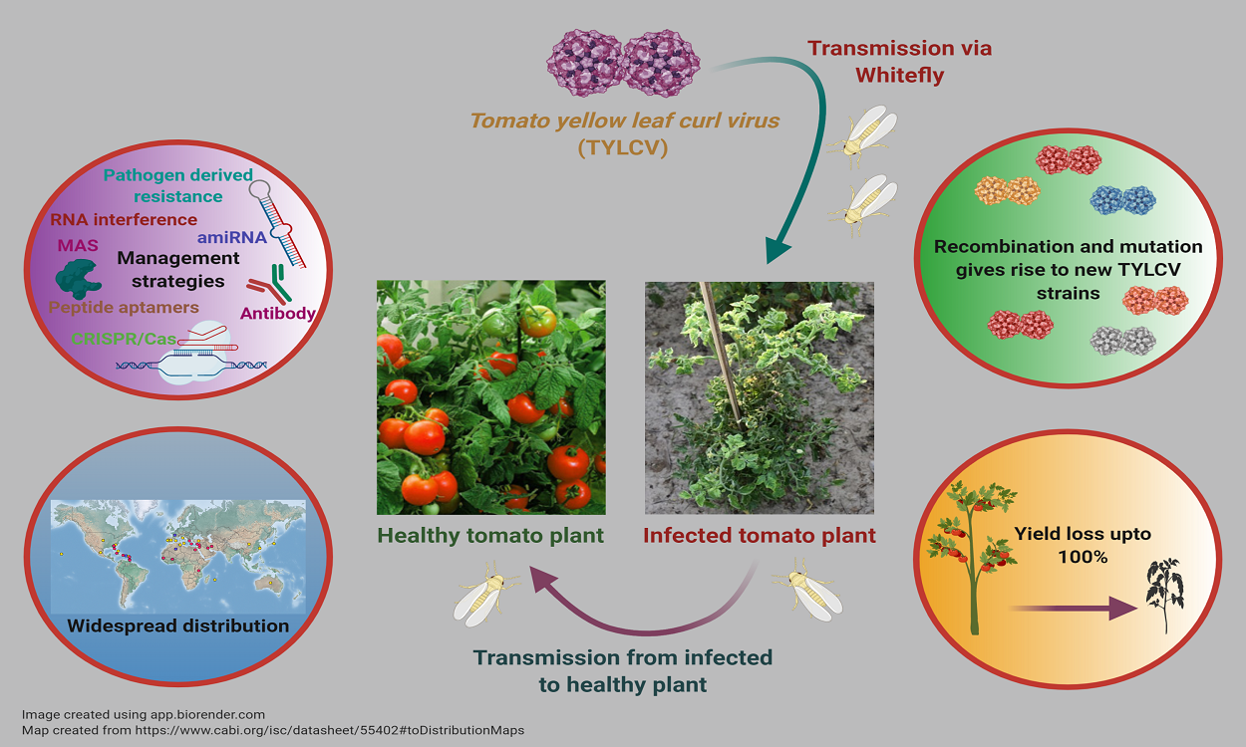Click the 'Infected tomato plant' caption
(x=759, y=535)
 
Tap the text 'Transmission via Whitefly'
(x=899, y=61)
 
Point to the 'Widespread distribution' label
(x=178, y=626)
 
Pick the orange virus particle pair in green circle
(x=1008, y=190)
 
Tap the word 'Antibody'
(x=278, y=313)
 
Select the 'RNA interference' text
(x=124, y=219)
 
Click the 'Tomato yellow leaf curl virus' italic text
(x=624, y=121)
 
